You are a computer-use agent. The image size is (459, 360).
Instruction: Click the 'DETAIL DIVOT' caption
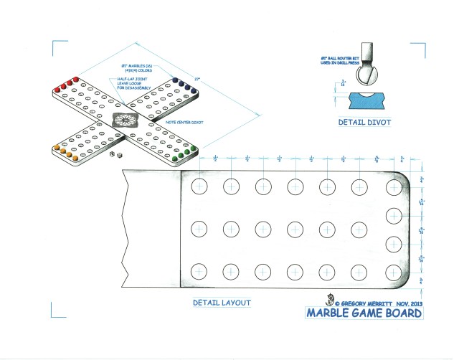pyautogui.click(x=364, y=123)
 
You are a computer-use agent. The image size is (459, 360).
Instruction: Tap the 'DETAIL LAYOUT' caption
pyautogui.click(x=222, y=303)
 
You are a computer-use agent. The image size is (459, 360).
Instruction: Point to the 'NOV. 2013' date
pyautogui.click(x=408, y=303)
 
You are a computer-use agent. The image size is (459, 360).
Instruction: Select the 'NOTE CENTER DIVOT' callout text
pyautogui.click(x=184, y=123)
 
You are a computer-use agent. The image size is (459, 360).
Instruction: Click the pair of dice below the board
pyautogui.click(x=115, y=154)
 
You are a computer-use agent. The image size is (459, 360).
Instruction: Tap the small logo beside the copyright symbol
pyautogui.click(x=330, y=300)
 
